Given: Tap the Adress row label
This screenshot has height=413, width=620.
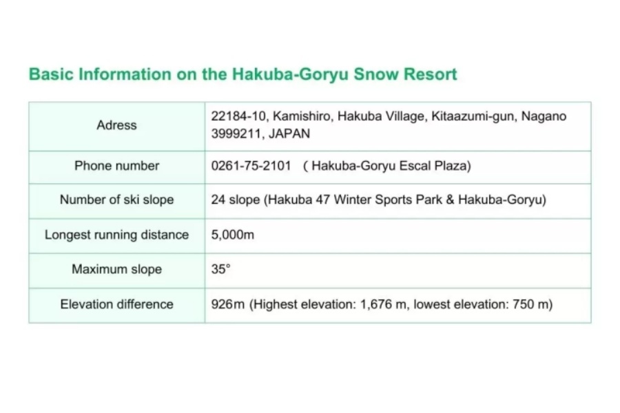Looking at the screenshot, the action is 116,125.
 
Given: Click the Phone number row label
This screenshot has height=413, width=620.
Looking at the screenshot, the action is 116,166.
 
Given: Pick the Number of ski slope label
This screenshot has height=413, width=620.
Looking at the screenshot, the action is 116,200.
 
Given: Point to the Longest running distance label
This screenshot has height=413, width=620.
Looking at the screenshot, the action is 116,235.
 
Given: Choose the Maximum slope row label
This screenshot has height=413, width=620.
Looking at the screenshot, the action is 116,270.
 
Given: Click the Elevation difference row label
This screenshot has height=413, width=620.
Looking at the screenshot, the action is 116,304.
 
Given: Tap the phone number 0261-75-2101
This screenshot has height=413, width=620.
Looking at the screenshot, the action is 251,166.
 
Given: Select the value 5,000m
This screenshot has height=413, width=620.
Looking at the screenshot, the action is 233,235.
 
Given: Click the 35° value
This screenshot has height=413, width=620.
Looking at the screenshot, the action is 220,269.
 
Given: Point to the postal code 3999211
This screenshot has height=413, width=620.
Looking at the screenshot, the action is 236,134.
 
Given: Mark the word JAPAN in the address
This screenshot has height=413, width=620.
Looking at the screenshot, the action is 289,134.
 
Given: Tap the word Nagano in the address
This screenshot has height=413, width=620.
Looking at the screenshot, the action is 544,116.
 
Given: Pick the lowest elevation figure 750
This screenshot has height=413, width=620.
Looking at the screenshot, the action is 524,304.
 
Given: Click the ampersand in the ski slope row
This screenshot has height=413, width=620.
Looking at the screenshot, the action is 450,200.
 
